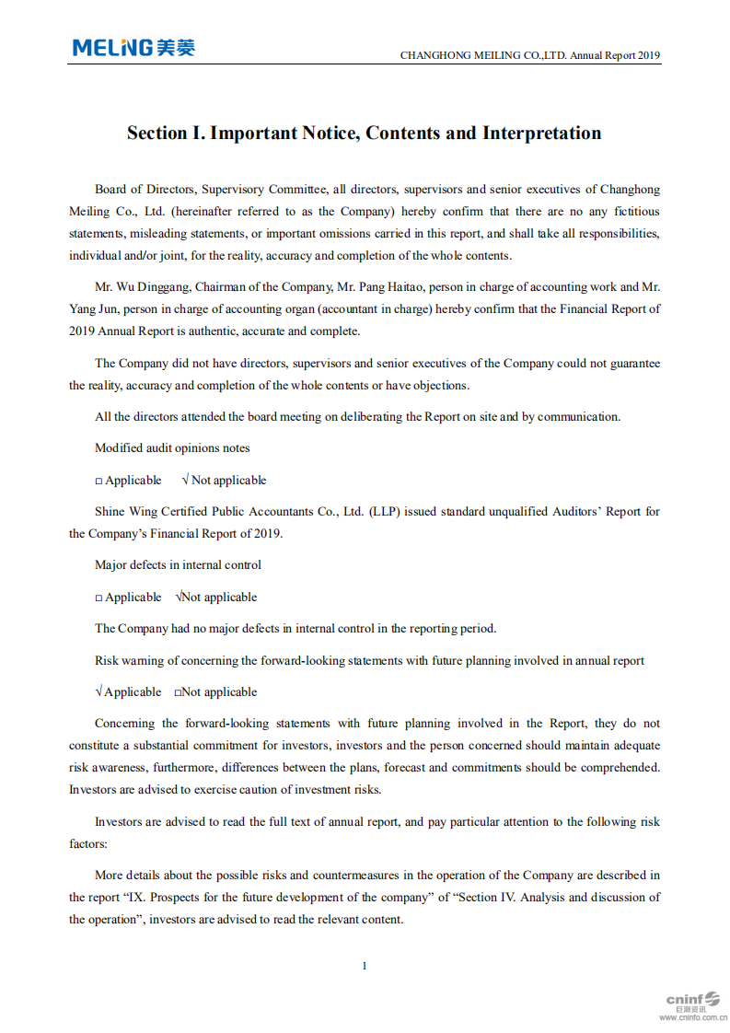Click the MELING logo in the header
coord(133,48)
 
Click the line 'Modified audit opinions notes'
coord(172,448)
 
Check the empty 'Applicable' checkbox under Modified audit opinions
coord(99,482)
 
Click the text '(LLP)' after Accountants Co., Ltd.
coord(386,512)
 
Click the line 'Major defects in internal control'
coord(178,565)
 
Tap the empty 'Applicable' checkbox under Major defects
coord(99,598)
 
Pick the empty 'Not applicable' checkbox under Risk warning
coord(179,693)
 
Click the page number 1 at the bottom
coord(365,966)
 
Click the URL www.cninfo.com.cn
coord(692,1018)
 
